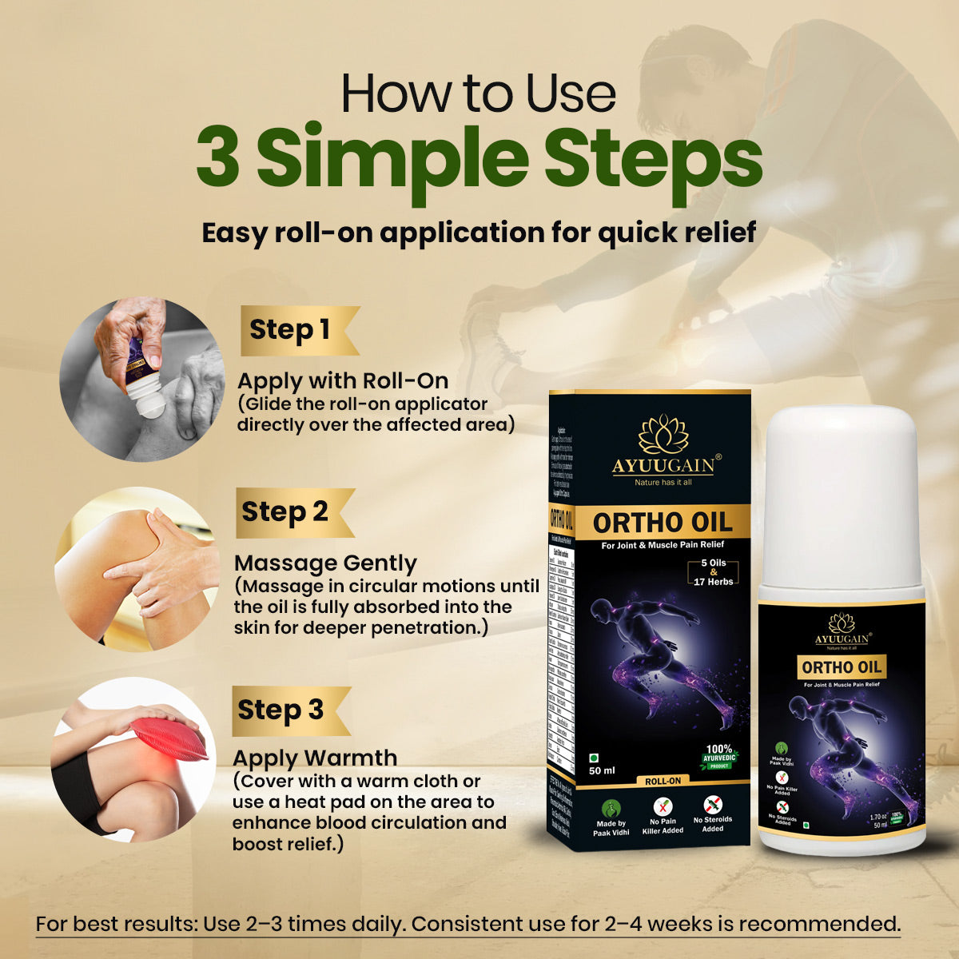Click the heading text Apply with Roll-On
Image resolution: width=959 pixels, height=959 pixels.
342,380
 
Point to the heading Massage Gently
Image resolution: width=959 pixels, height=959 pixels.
325,563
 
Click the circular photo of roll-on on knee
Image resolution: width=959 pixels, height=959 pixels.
143,380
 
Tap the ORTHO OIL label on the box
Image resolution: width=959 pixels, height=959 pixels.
662,523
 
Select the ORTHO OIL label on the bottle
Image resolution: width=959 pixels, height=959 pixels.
841,667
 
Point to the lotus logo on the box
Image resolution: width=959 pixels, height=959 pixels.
663,434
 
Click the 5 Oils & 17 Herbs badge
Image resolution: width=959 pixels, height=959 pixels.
714,572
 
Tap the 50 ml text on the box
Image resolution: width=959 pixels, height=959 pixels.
602,770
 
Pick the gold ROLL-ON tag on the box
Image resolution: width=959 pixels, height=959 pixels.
663,781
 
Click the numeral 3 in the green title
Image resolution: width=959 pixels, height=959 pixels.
218,160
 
